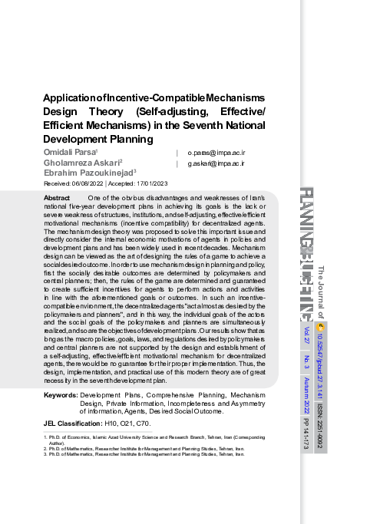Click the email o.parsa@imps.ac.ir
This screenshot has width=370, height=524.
pos(216,153)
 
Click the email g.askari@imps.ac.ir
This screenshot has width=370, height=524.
pos(216,163)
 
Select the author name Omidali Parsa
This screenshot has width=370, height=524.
pos(70,153)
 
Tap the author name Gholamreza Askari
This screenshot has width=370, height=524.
pos(82,163)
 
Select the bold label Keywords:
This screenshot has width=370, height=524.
pos(61,395)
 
